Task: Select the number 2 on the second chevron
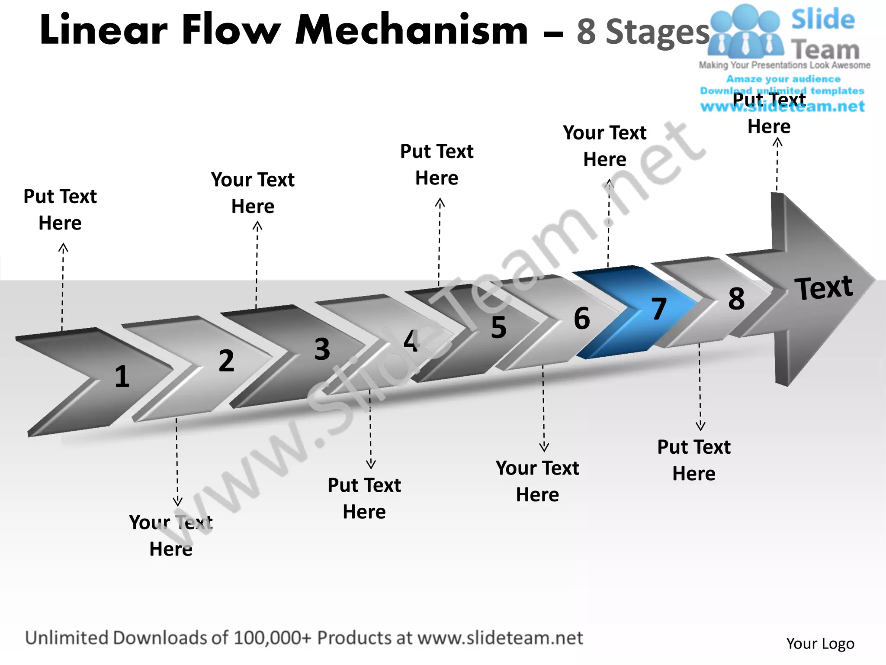coord(226,360)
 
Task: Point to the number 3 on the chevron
coord(322,349)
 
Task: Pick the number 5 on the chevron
coord(498,327)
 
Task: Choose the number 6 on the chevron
coord(582,318)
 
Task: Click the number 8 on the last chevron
coord(736,298)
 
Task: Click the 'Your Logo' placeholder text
coord(820,643)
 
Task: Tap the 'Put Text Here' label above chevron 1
coord(60,210)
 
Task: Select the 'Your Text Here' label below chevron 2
coord(171,536)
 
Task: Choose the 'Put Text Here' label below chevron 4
coord(364,498)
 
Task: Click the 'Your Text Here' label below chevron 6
coord(537,481)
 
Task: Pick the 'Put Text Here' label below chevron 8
coord(694,460)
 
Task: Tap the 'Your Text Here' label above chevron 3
coord(253,193)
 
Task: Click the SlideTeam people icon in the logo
coord(745,32)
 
